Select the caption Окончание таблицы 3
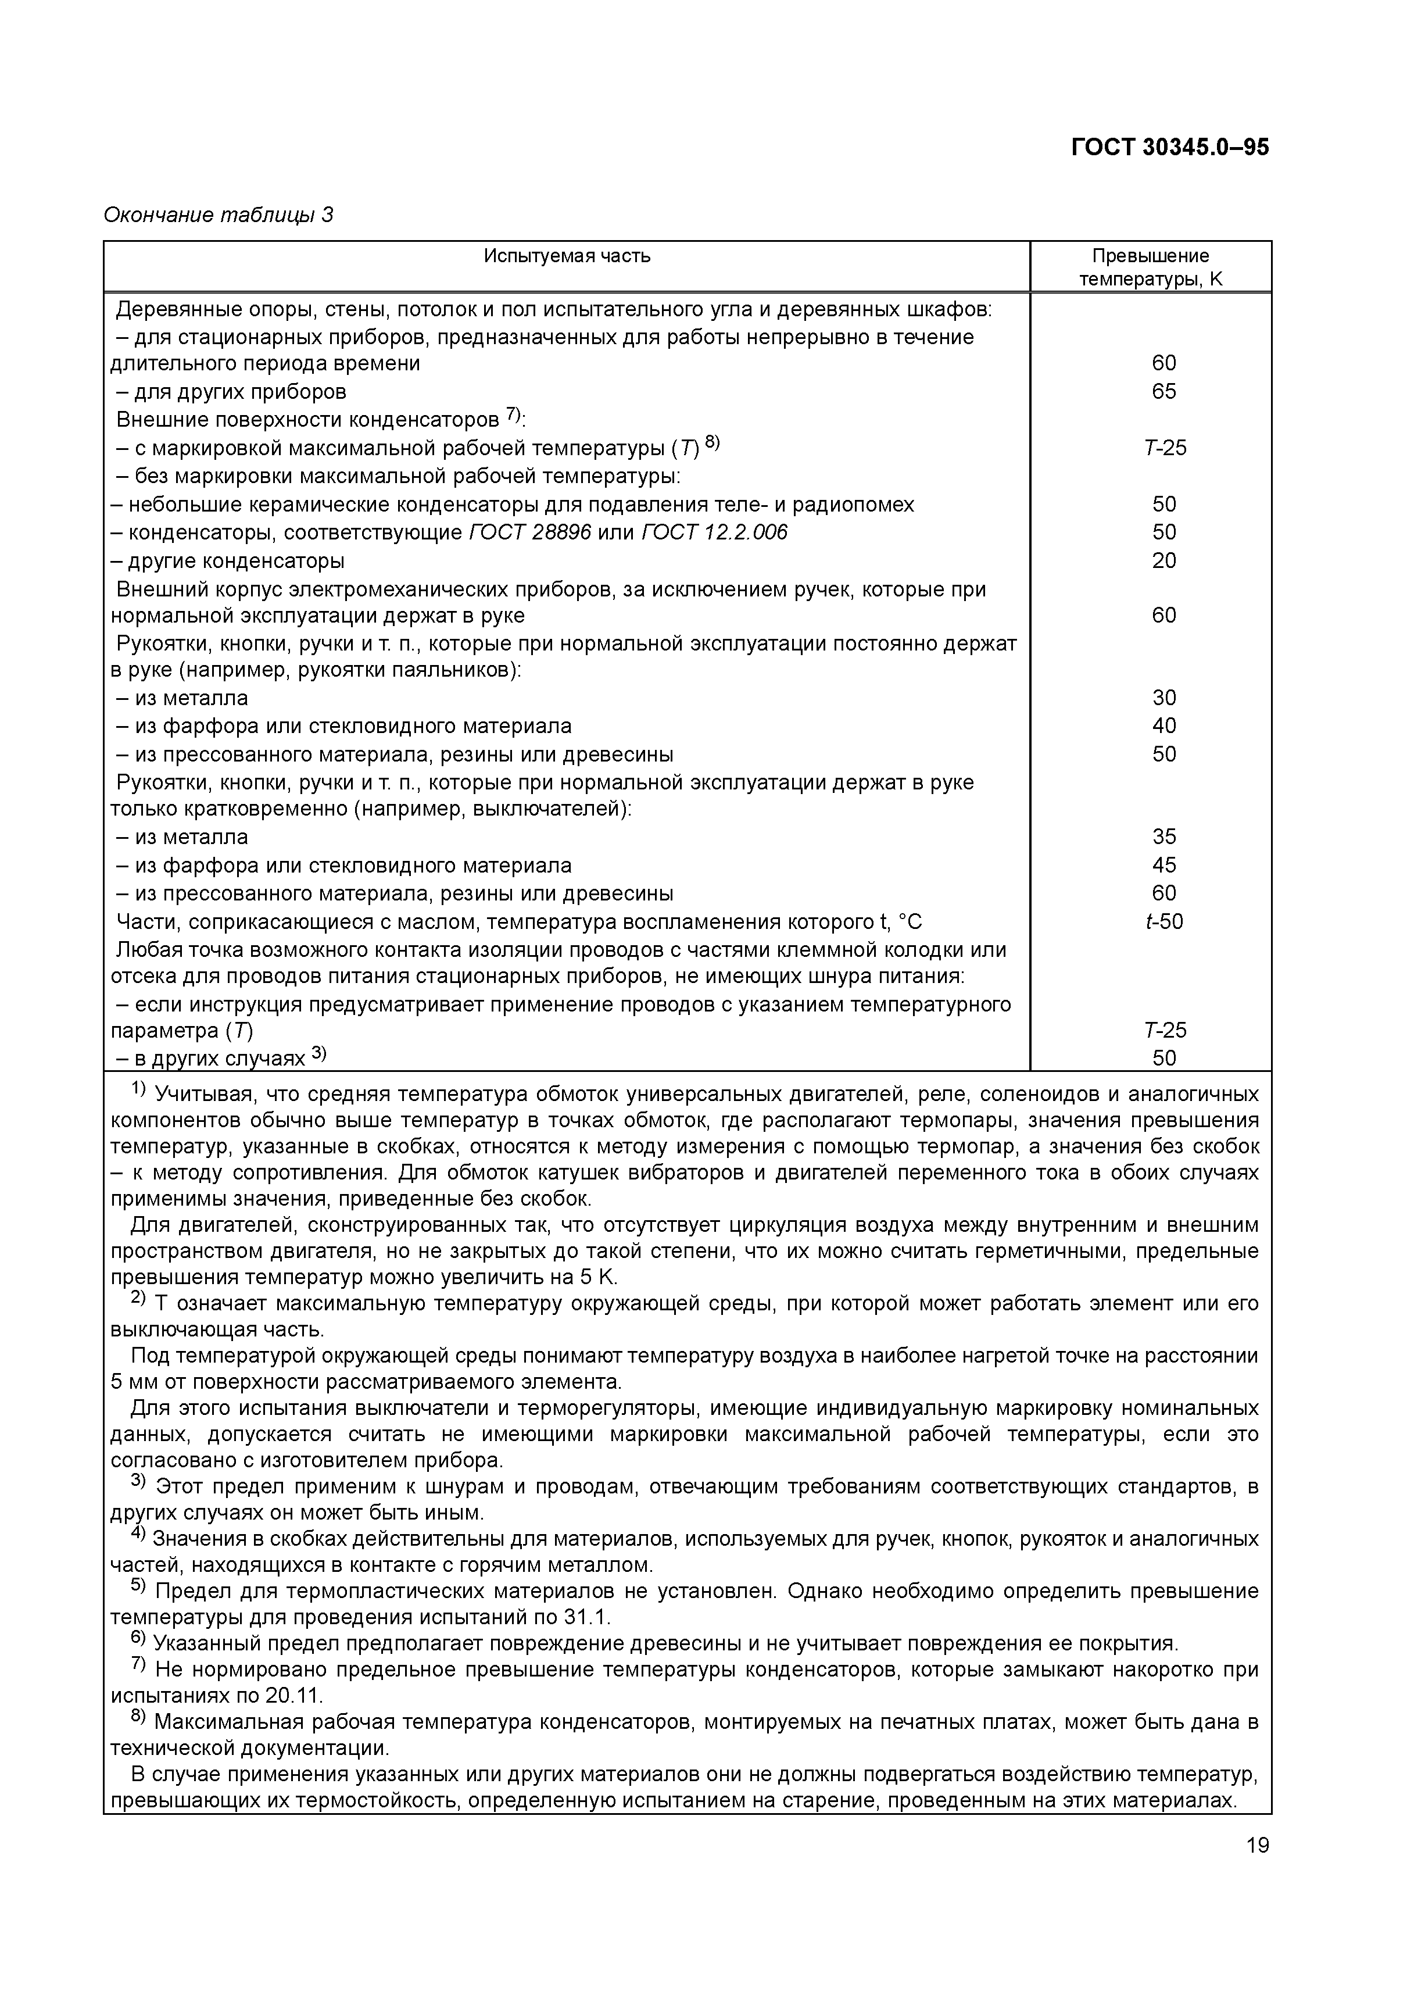click(217, 214)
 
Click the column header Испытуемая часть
click(567, 256)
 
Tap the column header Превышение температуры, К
click(1150, 267)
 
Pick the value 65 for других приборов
click(1163, 391)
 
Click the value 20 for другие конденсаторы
click(1163, 560)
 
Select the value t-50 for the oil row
click(1163, 921)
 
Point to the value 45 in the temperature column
click(1163, 864)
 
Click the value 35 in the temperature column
click(1163, 837)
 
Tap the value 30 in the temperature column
click(1163, 698)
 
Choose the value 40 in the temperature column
click(1163, 726)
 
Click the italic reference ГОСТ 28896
click(529, 532)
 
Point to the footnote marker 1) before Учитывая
click(139, 1089)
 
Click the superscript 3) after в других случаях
click(318, 1053)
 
